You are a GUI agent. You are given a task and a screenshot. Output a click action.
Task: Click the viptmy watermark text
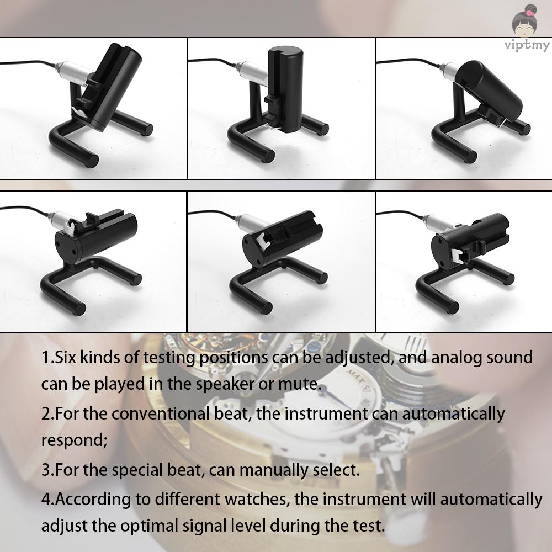click(x=527, y=46)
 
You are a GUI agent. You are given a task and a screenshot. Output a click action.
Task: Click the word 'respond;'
click(x=75, y=441)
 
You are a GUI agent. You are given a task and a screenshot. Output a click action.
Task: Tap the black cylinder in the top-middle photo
click(x=285, y=90)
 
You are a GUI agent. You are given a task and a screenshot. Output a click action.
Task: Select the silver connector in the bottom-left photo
click(x=62, y=219)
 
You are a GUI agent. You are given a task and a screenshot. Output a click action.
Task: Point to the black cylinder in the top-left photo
click(x=109, y=87)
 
